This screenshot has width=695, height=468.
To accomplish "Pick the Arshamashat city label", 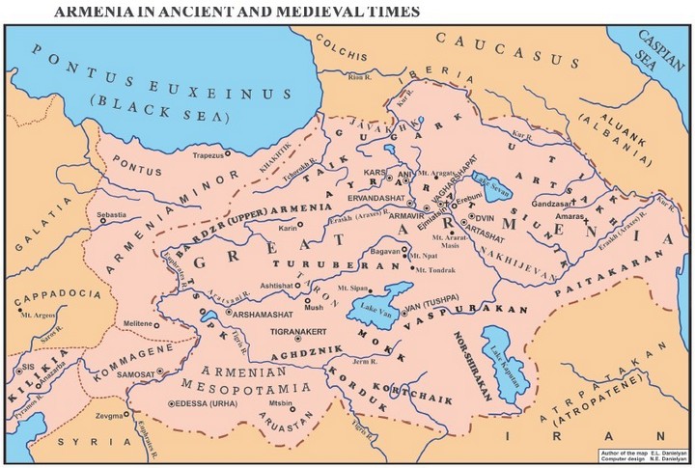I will [x=265, y=314].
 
